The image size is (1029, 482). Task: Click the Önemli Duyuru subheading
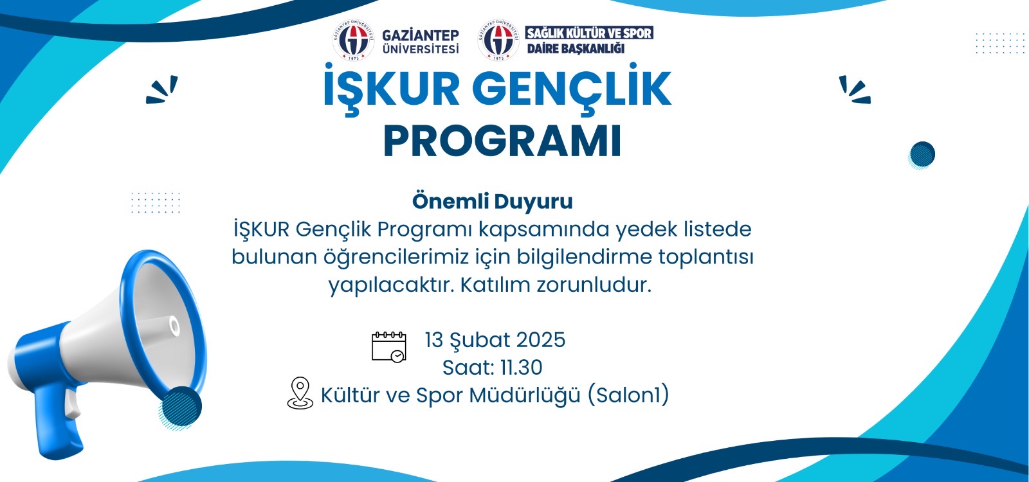(493, 201)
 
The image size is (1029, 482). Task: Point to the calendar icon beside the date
(388, 347)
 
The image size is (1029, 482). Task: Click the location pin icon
(300, 393)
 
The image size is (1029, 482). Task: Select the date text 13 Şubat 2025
(495, 340)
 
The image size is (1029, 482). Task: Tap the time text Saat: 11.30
(493, 367)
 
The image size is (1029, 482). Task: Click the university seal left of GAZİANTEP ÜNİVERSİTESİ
(353, 40)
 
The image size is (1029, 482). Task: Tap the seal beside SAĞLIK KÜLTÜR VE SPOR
(498, 40)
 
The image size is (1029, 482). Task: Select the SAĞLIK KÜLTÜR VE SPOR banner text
(589, 33)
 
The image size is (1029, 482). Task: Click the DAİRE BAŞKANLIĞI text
(576, 48)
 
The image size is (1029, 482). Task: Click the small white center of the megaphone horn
(174, 326)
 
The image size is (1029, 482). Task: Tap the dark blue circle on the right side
(922, 154)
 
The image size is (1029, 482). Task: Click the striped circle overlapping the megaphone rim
(181, 407)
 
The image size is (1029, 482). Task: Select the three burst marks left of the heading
(161, 90)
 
